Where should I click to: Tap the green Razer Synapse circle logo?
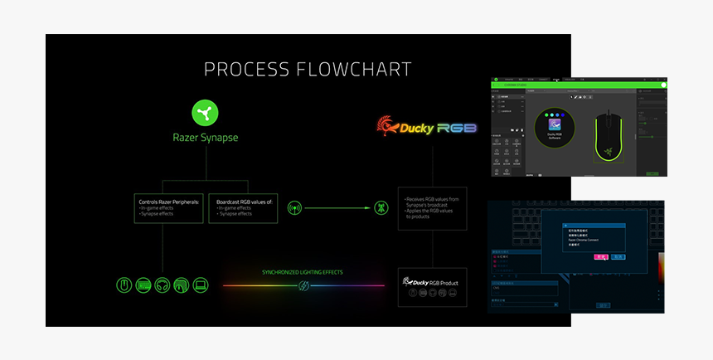[205, 112]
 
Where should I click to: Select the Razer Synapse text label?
[205, 138]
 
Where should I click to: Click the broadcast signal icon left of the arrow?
[293, 207]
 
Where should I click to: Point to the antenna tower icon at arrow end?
[381, 207]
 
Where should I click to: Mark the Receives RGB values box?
[433, 207]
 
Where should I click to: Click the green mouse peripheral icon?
[124, 285]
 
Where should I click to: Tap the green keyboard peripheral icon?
[143, 285]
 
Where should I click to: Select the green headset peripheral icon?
[162, 285]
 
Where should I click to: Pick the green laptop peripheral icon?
[200, 285]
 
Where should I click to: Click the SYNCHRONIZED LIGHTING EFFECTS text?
[303, 272]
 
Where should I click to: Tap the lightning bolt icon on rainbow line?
[303, 285]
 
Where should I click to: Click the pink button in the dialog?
[601, 258]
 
